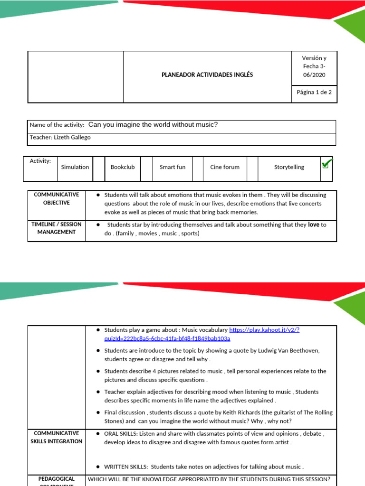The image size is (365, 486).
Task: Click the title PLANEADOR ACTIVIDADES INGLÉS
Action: [x=207, y=75]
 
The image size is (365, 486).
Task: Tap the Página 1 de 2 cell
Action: [x=314, y=93]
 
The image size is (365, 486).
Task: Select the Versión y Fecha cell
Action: [x=314, y=66]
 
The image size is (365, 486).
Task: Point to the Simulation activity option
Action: [x=75, y=167]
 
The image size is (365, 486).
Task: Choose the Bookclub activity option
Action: [x=123, y=167]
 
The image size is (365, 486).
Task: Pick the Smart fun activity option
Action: [x=173, y=167]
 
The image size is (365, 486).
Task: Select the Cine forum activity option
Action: [x=225, y=167]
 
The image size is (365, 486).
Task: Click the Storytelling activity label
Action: [x=289, y=167]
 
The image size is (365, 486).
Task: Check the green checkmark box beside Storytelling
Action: [x=326, y=164]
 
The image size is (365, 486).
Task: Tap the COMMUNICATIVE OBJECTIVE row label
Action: [x=56, y=199]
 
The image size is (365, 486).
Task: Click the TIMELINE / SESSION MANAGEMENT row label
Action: [x=56, y=228]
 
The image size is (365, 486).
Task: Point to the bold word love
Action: [x=313, y=224]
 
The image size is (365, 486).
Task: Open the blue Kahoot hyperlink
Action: [x=264, y=330]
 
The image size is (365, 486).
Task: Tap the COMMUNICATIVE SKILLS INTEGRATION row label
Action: [x=56, y=437]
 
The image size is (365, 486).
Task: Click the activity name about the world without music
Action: [x=153, y=125]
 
